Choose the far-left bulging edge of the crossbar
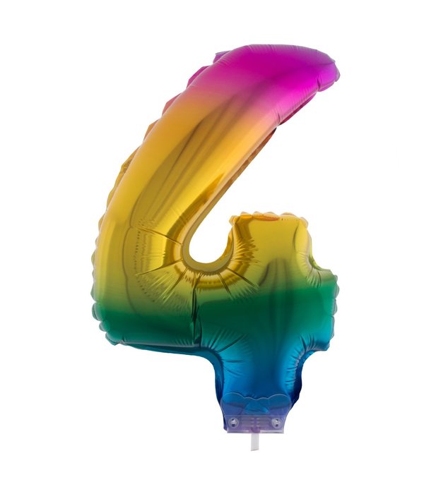click(x=99, y=282)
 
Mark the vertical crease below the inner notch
click(x=198, y=311)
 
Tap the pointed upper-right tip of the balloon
click(x=335, y=71)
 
